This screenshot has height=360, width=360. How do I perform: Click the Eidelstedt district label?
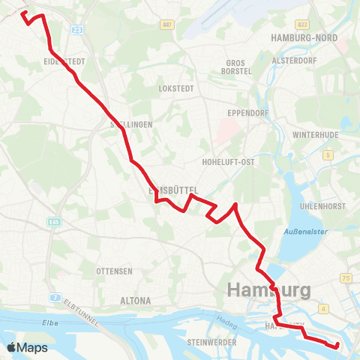tap(65, 61)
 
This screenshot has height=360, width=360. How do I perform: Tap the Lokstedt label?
tap(177, 88)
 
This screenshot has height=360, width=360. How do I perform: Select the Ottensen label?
tap(115, 270)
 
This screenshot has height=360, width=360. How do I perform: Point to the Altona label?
tap(136, 301)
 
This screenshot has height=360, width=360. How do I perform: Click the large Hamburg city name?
tap(268, 289)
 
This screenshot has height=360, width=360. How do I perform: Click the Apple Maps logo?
tap(27, 347)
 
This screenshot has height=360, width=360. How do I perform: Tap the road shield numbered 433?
tap(302, 24)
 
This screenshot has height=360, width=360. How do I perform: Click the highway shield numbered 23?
tap(78, 29)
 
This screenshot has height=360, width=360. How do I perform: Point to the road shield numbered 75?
tap(346, 277)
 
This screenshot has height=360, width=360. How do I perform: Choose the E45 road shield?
tap(54, 222)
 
